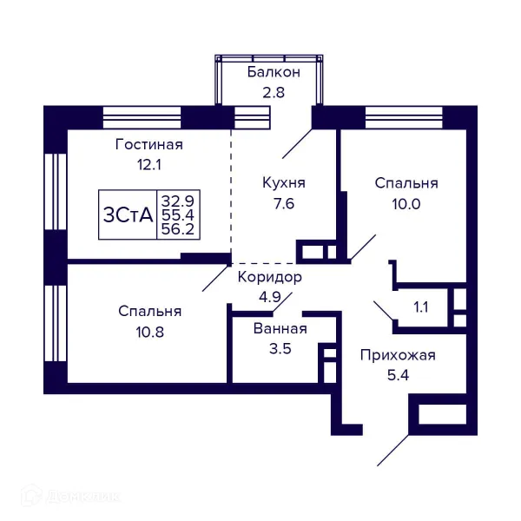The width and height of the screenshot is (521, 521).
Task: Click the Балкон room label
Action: point(273,71)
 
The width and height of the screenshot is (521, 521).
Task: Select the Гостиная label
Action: point(149,144)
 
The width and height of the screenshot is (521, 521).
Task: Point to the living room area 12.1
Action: point(149,163)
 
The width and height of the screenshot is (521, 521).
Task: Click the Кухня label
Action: point(284,183)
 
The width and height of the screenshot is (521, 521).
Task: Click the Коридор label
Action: point(269,278)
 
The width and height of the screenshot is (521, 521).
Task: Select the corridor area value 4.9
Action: point(269,297)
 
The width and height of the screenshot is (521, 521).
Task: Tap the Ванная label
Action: point(280,329)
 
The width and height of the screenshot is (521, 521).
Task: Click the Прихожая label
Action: point(398,354)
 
